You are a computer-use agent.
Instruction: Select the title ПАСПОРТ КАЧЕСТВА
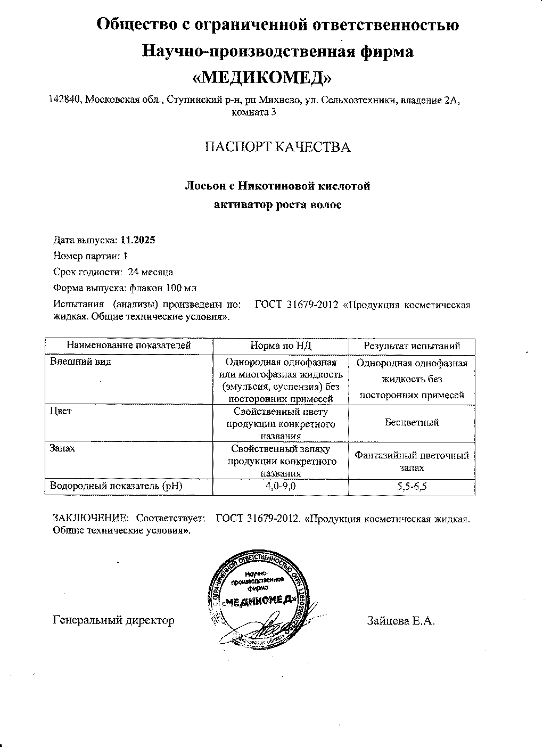point(278,147)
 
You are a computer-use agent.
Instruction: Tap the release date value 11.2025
point(138,240)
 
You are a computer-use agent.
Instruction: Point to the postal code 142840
point(64,100)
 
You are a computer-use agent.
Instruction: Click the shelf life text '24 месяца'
point(150,272)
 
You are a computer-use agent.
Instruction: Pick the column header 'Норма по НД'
point(281,346)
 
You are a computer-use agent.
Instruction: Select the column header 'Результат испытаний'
point(412,346)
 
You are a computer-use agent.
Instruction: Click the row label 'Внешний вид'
point(73,362)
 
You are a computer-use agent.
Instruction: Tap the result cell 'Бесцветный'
point(412,422)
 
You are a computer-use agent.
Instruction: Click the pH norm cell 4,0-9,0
point(281,486)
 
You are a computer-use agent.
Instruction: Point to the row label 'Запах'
point(62,448)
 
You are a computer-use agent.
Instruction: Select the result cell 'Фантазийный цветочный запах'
point(412,461)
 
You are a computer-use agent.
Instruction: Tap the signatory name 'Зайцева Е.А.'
point(400,621)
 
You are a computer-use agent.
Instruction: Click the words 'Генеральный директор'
point(114,620)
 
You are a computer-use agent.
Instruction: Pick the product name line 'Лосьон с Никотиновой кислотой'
point(277,186)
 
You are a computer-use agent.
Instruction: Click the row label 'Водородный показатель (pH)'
point(115,486)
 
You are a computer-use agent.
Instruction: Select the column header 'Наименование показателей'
point(128,346)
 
